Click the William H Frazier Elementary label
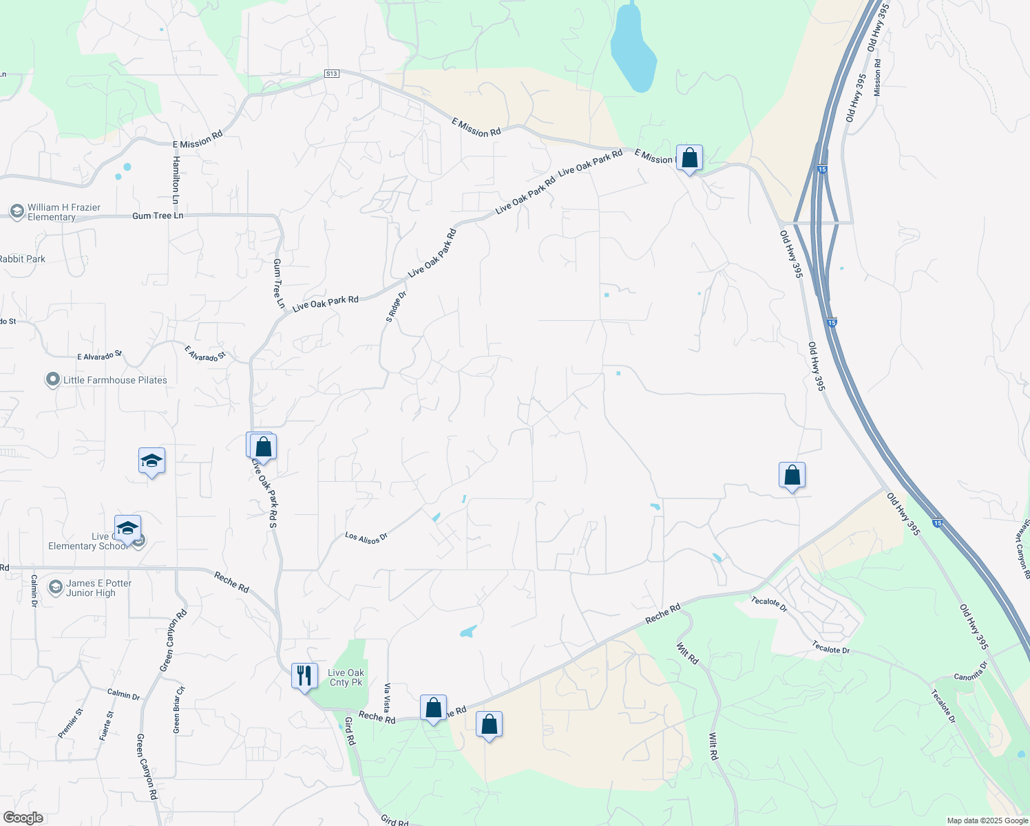click(63, 212)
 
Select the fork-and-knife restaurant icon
click(304, 676)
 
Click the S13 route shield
click(332, 73)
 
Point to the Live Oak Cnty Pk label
click(346, 677)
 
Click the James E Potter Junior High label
click(98, 588)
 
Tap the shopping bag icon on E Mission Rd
click(689, 158)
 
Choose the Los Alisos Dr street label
click(366, 538)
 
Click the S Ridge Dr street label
click(397, 306)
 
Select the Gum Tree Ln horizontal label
click(158, 215)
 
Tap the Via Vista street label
click(388, 697)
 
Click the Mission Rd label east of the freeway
click(877, 77)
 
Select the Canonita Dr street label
click(971, 672)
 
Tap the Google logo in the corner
click(23, 818)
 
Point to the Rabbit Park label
click(23, 259)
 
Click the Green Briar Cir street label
click(179, 709)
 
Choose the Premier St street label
click(70, 723)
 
